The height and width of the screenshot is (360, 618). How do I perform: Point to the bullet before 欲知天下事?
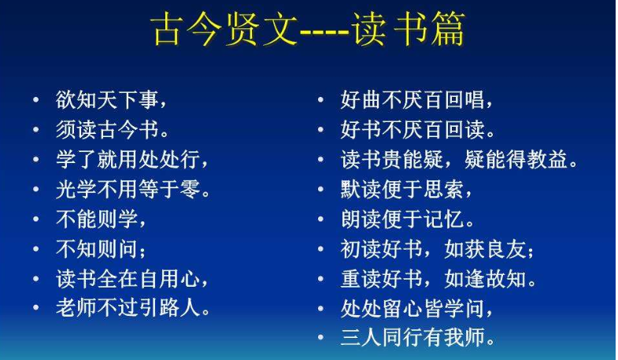click(36, 99)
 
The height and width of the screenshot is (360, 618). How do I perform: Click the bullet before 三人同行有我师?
click(321, 337)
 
